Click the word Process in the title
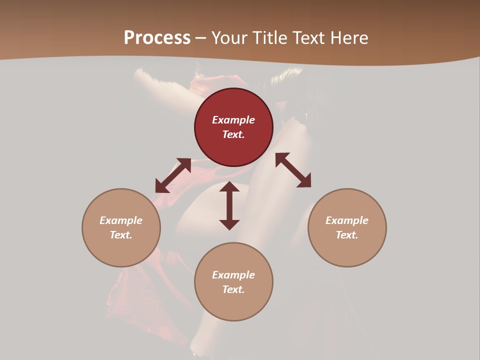(157, 38)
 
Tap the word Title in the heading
(268, 38)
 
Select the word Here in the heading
(349, 38)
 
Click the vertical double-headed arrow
(229, 205)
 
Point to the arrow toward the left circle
(173, 175)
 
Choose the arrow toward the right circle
(293, 170)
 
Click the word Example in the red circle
(233, 120)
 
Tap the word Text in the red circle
(233, 134)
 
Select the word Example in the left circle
(121, 220)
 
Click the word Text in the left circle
(121, 235)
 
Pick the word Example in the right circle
(347, 220)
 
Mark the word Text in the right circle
(347, 235)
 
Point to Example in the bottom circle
(233, 275)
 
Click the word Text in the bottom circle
(233, 289)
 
